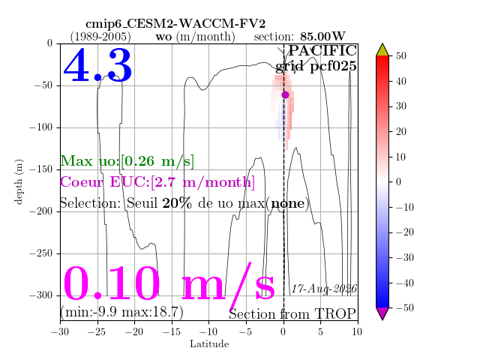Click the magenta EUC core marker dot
[x=285, y=95]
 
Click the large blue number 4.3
[x=97, y=65]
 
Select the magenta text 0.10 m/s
[x=169, y=284]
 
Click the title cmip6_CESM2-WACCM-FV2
[x=175, y=23]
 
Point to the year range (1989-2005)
[x=100, y=37]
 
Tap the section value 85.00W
[x=322, y=37]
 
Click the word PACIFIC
[x=322, y=50]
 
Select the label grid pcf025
[x=316, y=67]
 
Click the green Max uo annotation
[x=127, y=161]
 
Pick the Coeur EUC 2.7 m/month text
[x=157, y=182]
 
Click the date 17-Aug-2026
[x=324, y=289]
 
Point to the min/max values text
[x=121, y=312]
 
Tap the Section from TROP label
[x=292, y=314]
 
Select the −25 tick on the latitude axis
[x=97, y=331]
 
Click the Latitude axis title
[x=209, y=344]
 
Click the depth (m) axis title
[x=18, y=181]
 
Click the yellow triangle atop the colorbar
[x=382, y=50]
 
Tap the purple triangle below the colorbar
[x=382, y=313]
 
